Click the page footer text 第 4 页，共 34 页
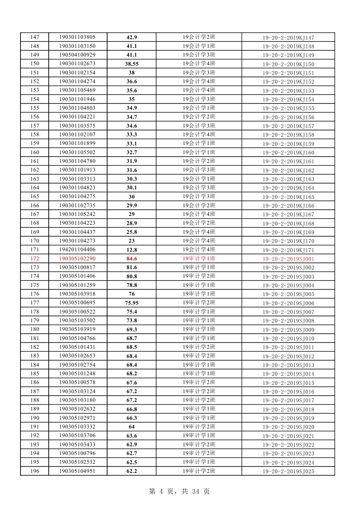tap(179, 491)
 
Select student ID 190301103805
tap(77, 37)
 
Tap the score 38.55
tap(131, 64)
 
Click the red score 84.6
tap(131, 259)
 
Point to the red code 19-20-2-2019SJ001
tap(288, 259)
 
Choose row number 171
tap(35, 250)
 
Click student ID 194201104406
tap(77, 250)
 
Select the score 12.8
tap(131, 250)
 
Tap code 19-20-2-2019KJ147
tap(288, 38)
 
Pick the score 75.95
tap(131, 303)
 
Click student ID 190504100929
tap(77, 55)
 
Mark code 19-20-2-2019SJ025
tap(288, 471)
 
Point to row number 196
tap(35, 471)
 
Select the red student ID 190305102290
tap(77, 259)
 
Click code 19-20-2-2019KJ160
tap(288, 153)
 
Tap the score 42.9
tap(131, 37)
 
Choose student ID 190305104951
tap(77, 471)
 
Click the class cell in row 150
tap(199, 64)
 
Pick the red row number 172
tap(35, 259)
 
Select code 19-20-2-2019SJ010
tap(288, 338)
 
